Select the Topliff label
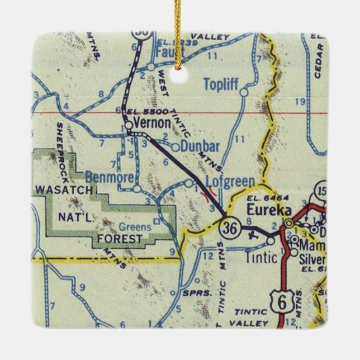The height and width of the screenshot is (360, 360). point(220,84)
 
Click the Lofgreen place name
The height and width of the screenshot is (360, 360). point(230,181)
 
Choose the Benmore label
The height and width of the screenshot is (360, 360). point(111,178)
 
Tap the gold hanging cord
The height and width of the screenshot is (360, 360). point(179,22)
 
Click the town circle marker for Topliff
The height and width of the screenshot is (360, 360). point(243,92)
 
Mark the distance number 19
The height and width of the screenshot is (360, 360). point(300,101)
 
